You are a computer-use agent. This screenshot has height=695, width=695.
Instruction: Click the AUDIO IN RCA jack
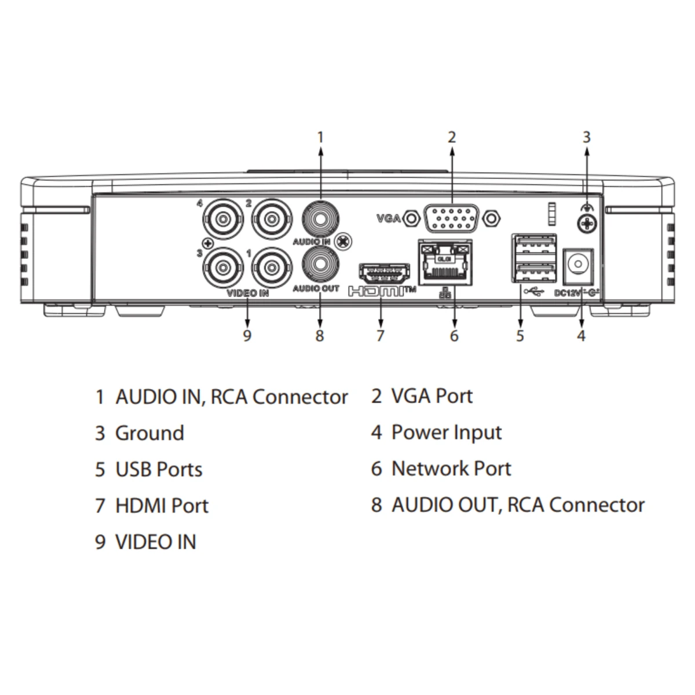[320, 219]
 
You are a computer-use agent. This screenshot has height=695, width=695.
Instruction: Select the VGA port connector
[452, 218]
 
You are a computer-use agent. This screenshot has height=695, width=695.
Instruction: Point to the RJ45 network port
[445, 262]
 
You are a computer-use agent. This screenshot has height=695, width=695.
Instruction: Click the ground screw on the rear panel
[587, 224]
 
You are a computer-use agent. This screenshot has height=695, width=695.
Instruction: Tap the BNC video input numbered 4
[223, 219]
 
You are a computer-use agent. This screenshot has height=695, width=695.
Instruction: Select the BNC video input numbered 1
[272, 267]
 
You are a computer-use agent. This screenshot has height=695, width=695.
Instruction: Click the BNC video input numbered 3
[223, 267]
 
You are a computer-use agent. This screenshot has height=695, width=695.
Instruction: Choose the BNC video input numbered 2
[272, 219]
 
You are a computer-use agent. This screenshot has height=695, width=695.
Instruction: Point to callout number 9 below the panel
[247, 336]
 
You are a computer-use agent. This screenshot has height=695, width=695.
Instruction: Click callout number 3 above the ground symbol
[587, 137]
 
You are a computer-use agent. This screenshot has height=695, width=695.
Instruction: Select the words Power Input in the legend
[447, 433]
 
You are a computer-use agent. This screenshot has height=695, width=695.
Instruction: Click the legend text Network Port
[451, 469]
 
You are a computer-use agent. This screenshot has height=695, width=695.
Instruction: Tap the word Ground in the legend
[149, 433]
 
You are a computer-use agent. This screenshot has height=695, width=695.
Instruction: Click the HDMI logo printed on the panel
[382, 291]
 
